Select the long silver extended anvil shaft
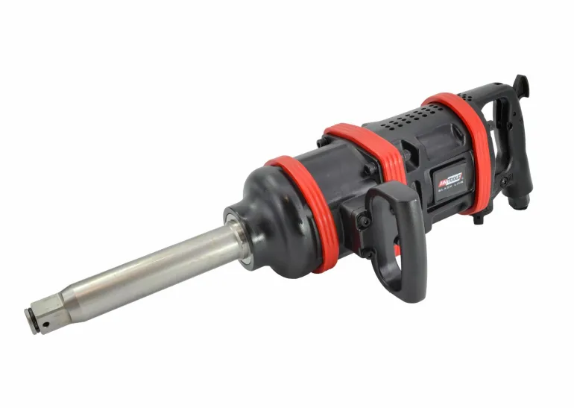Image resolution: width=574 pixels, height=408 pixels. tap(149, 272)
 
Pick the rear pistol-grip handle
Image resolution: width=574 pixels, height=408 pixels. tap(514, 142)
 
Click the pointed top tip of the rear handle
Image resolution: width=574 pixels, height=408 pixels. tap(524, 81)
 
